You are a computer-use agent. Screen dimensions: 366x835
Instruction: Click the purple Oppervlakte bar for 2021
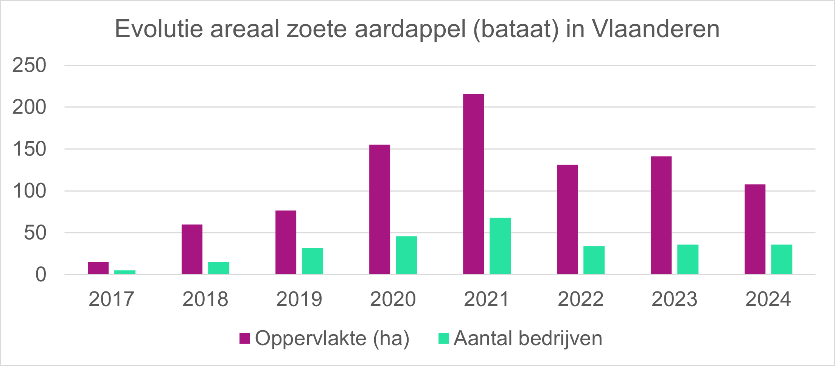click(473, 184)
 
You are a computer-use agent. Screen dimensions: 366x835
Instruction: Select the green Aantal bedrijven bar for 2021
click(500, 246)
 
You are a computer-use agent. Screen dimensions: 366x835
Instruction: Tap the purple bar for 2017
click(98, 268)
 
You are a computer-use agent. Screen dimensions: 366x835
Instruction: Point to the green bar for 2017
click(125, 272)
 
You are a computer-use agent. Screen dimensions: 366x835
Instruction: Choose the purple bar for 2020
click(379, 209)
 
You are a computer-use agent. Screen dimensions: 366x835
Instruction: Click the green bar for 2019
click(313, 261)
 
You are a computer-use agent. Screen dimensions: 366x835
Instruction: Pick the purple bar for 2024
click(755, 229)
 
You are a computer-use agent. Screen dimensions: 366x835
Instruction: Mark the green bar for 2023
click(688, 259)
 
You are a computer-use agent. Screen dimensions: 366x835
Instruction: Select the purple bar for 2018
click(192, 249)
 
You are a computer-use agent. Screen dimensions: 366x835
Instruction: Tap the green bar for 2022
click(594, 260)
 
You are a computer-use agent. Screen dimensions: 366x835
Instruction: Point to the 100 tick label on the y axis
click(29, 191)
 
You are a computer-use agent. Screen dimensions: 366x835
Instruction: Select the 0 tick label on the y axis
click(41, 275)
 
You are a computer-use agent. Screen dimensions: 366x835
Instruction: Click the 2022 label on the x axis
click(580, 299)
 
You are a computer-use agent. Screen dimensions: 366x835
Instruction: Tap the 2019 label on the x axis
click(299, 299)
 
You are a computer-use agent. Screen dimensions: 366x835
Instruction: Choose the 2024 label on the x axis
click(768, 299)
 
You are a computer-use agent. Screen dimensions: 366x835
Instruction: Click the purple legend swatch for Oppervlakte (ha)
click(245, 338)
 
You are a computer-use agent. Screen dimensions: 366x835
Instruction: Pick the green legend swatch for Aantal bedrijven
click(443, 338)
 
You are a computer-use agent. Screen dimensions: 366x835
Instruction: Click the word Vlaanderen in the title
click(655, 29)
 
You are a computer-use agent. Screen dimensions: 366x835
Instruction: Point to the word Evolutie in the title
click(159, 29)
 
